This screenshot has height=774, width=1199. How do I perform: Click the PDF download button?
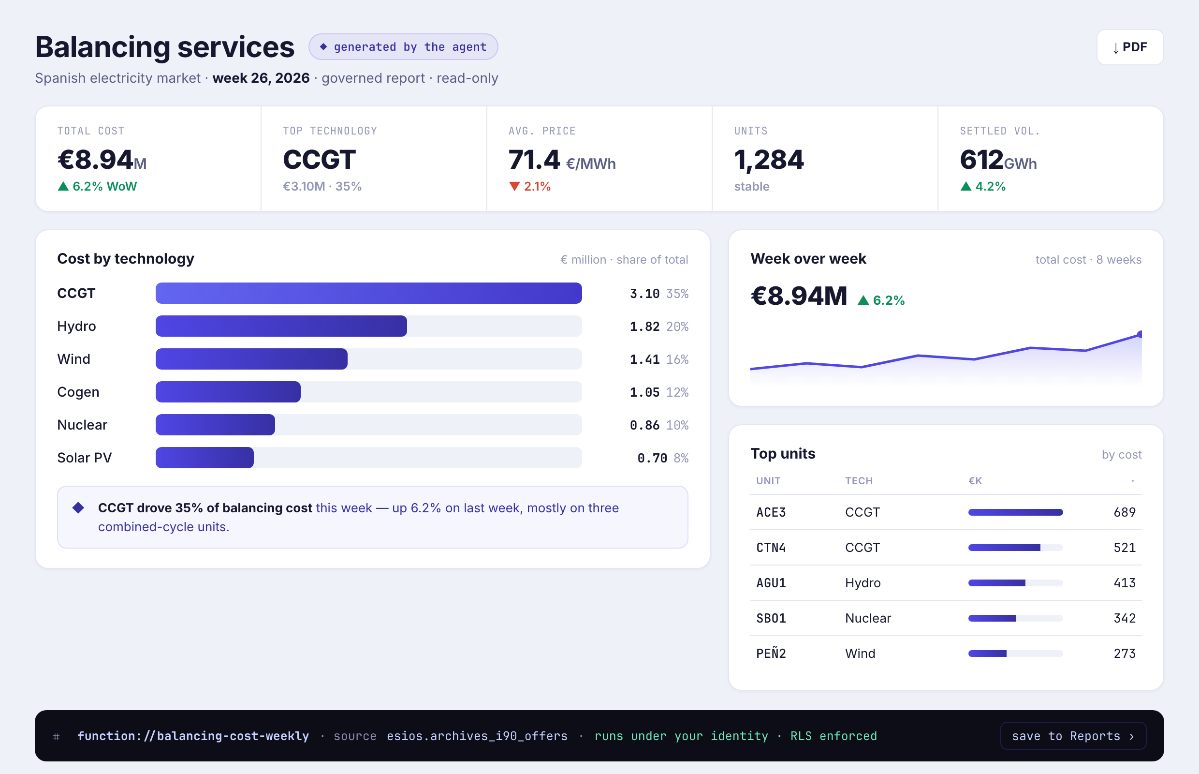(1130, 47)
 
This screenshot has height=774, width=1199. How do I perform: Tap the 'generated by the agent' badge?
(403, 47)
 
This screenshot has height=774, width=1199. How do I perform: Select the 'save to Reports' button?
(1073, 736)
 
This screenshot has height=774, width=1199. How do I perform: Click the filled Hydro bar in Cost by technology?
(281, 326)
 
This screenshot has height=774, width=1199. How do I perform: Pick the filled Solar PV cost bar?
(205, 458)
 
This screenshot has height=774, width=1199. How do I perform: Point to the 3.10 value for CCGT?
(644, 294)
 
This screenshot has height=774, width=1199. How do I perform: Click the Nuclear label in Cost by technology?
(82, 425)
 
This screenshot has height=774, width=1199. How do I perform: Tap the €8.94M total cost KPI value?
(102, 160)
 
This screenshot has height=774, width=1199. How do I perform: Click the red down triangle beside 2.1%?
(514, 186)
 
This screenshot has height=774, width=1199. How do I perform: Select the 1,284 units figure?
(769, 160)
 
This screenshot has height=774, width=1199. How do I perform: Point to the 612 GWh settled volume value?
(998, 160)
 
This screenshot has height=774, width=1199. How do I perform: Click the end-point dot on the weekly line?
(1140, 334)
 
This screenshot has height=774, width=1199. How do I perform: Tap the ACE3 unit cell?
(771, 512)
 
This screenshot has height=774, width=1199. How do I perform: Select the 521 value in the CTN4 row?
(1125, 547)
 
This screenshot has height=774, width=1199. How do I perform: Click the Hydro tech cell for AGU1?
(863, 583)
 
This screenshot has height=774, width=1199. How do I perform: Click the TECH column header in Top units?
(859, 481)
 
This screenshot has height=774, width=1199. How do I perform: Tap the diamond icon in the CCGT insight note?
(78, 507)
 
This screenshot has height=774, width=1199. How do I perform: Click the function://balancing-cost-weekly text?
(193, 736)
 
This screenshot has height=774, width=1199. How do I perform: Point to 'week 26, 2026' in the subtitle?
(261, 78)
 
